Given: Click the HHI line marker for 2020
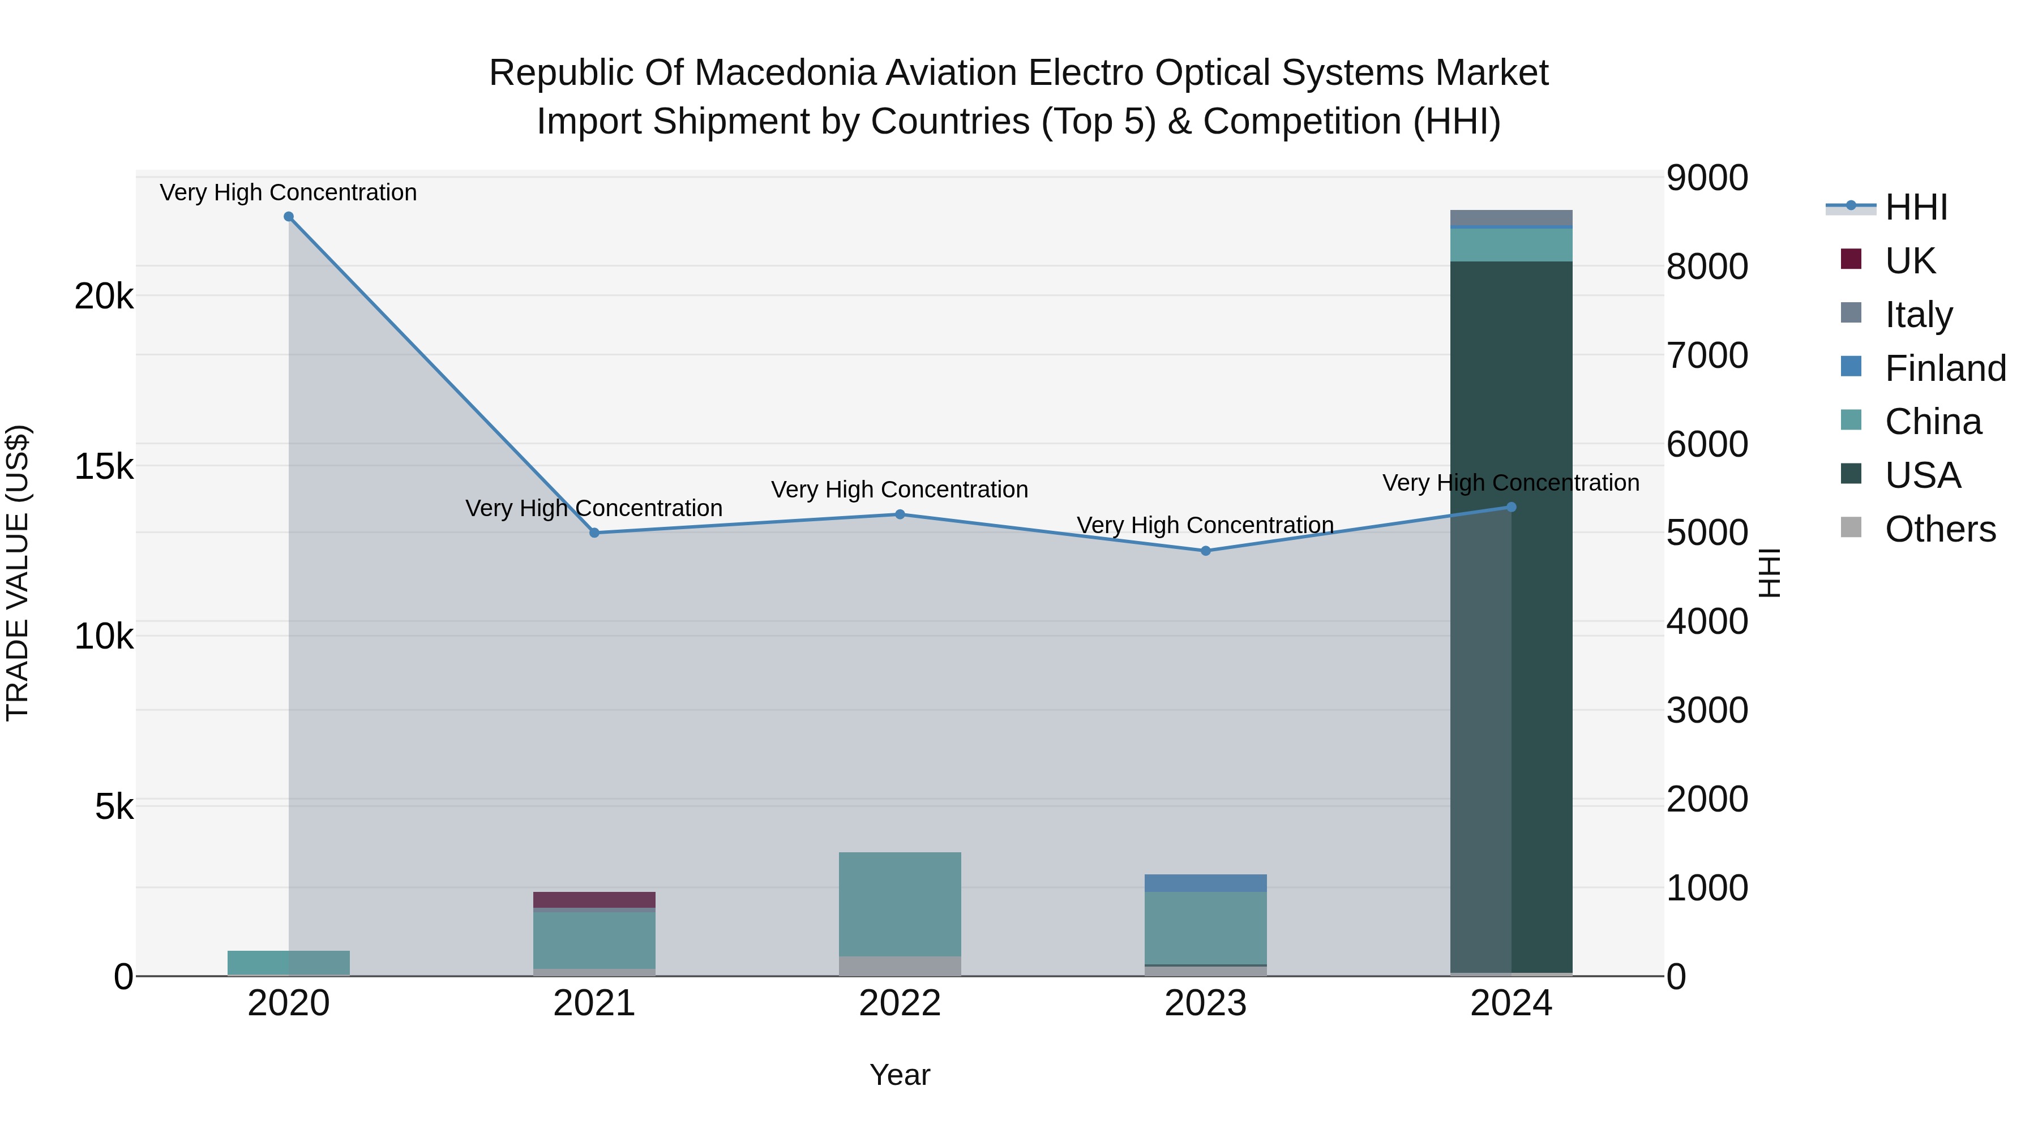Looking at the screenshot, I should click(x=289, y=217).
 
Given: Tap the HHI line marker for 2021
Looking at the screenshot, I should click(x=594, y=533).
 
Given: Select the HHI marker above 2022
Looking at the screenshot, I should click(x=900, y=515).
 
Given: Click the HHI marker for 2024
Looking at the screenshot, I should click(x=1511, y=507).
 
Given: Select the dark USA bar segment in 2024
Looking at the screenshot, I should click(x=1541, y=617).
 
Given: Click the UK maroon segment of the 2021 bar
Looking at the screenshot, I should click(x=594, y=900).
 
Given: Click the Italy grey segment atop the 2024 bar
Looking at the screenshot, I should click(x=1511, y=217).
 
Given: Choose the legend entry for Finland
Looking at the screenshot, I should click(x=1945, y=368).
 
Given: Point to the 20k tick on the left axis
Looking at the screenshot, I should click(x=104, y=297).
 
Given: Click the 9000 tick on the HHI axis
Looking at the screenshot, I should click(x=1706, y=178).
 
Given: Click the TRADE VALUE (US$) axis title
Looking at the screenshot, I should click(x=18, y=573).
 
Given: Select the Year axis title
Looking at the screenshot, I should click(x=900, y=1075).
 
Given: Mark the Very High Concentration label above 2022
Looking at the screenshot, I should click(x=900, y=490).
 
